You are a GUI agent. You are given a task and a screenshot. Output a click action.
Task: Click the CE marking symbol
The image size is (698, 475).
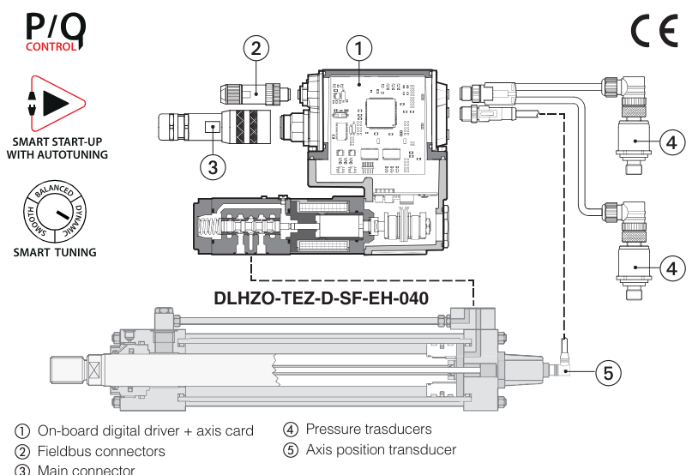(654, 32)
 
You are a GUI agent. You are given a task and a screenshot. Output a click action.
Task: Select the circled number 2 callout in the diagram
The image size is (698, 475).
(256, 47)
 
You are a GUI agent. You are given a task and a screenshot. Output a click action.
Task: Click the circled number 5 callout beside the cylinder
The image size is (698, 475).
(607, 372)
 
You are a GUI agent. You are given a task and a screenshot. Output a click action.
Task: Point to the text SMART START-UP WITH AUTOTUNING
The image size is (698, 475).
(57, 148)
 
